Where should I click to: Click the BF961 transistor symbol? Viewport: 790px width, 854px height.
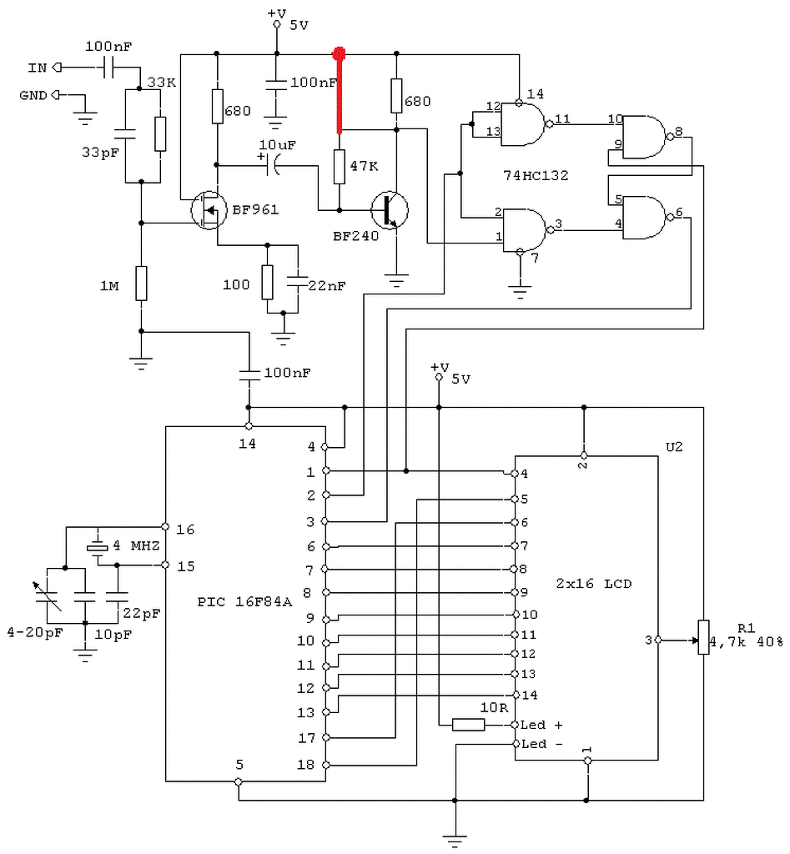click(x=209, y=210)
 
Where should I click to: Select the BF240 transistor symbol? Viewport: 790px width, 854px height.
click(x=390, y=209)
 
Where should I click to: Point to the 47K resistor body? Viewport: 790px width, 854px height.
click(x=340, y=167)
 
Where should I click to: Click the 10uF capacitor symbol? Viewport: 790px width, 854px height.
click(x=272, y=164)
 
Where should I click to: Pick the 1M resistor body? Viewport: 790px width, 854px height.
click(x=141, y=284)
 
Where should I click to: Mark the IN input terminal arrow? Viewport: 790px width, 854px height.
click(x=57, y=68)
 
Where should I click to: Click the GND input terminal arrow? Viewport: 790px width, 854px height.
click(x=56, y=95)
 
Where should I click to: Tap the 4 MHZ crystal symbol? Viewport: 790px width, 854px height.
click(x=98, y=547)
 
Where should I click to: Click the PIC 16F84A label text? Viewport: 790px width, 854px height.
click(x=244, y=602)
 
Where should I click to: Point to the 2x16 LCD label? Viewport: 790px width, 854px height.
click(x=593, y=583)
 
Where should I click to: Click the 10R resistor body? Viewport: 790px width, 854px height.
click(x=469, y=725)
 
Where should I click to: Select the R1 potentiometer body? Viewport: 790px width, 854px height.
click(x=703, y=637)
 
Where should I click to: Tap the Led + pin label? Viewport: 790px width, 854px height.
click(x=541, y=725)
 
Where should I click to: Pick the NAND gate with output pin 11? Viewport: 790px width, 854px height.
click(x=523, y=125)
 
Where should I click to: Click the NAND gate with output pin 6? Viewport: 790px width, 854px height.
click(x=645, y=218)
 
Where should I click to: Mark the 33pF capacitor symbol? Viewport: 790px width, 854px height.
click(x=125, y=134)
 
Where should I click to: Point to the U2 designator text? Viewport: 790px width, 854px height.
click(x=674, y=447)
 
